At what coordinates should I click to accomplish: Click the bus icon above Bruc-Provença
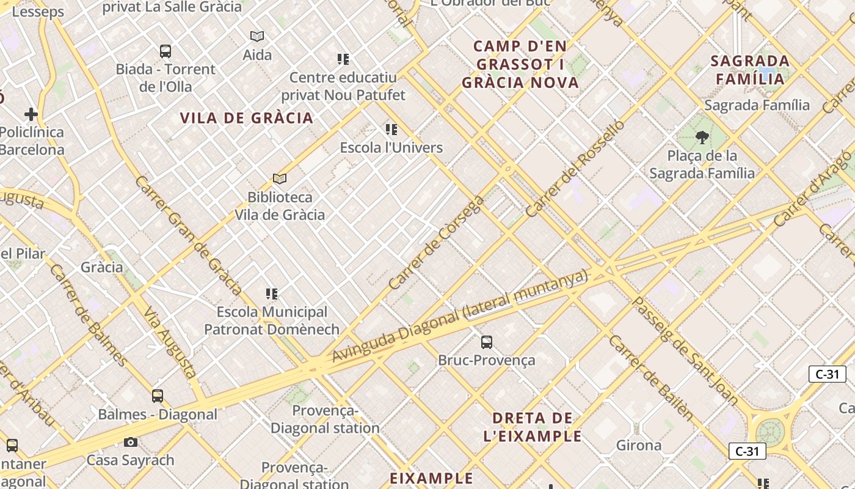pyautogui.click(x=487, y=342)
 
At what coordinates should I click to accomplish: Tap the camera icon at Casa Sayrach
pyautogui.click(x=131, y=442)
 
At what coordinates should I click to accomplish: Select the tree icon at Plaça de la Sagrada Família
pyautogui.click(x=702, y=138)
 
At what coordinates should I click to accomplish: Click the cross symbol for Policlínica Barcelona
pyautogui.click(x=31, y=114)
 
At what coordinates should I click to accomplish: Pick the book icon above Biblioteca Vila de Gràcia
pyautogui.click(x=280, y=178)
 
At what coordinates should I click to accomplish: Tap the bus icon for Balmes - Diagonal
pyautogui.click(x=158, y=396)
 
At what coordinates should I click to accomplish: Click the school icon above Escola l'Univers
pyautogui.click(x=391, y=130)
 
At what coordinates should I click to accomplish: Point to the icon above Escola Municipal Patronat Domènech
pyautogui.click(x=272, y=294)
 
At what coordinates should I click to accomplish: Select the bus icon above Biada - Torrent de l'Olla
pyautogui.click(x=166, y=51)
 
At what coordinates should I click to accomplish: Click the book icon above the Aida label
pyautogui.click(x=257, y=37)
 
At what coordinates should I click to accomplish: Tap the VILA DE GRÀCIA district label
pyautogui.click(x=247, y=118)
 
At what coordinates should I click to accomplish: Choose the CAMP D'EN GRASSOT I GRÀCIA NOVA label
pyautogui.click(x=520, y=64)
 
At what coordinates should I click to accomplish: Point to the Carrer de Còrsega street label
pyautogui.click(x=436, y=243)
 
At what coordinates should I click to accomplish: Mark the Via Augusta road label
pyautogui.click(x=170, y=343)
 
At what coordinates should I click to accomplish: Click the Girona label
pyautogui.click(x=639, y=445)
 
